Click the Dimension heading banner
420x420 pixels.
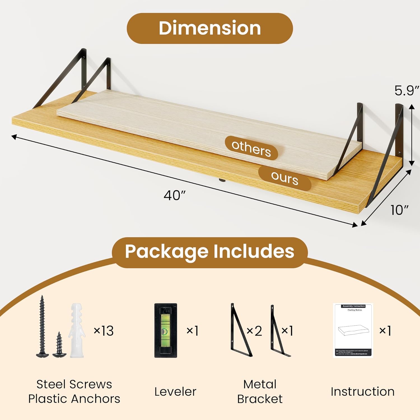click(210, 28)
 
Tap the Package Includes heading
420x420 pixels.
click(210, 251)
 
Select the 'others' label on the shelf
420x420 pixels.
click(251, 148)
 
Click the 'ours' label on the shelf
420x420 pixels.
click(284, 178)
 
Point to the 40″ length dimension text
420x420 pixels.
click(175, 195)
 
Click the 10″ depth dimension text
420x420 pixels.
click(399, 210)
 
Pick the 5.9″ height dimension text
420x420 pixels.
click(407, 90)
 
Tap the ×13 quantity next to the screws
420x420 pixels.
click(104, 331)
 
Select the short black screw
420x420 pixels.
click(59, 345)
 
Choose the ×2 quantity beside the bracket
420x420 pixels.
click(254, 331)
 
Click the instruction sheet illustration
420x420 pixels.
click(353, 330)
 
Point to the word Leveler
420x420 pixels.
click(175, 392)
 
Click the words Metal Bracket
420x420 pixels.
click(260, 391)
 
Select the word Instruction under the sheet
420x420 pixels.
click(363, 392)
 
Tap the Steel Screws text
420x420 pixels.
click(74, 384)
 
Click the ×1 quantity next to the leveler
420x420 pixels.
click(193, 331)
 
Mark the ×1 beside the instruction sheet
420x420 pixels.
click(385, 331)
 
